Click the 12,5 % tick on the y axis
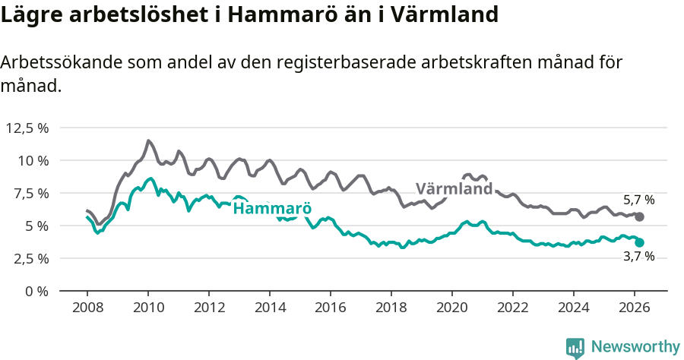tap(27, 128)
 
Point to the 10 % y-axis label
tap(33, 160)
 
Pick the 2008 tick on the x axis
tap(87, 307)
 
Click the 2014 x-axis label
tap(269, 307)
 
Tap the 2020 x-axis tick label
tap(451, 307)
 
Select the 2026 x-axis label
tap(634, 307)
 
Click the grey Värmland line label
tap(454, 189)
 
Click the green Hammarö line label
tap(272, 209)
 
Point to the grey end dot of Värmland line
tap(639, 217)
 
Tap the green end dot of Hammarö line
tap(639, 243)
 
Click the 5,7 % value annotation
tap(638, 201)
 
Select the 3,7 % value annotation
tap(638, 257)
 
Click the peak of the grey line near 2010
tap(148, 141)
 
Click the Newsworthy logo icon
tap(575, 348)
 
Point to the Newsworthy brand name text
tap(635, 347)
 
